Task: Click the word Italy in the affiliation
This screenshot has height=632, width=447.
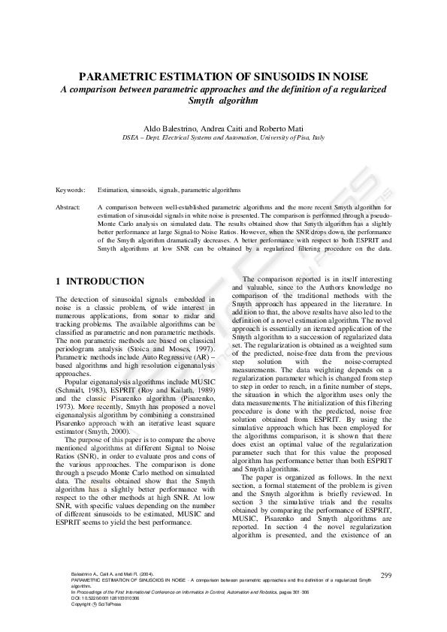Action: click(318, 139)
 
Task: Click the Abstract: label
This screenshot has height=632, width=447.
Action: click(68, 206)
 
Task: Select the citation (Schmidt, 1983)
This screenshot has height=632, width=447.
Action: click(77, 390)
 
